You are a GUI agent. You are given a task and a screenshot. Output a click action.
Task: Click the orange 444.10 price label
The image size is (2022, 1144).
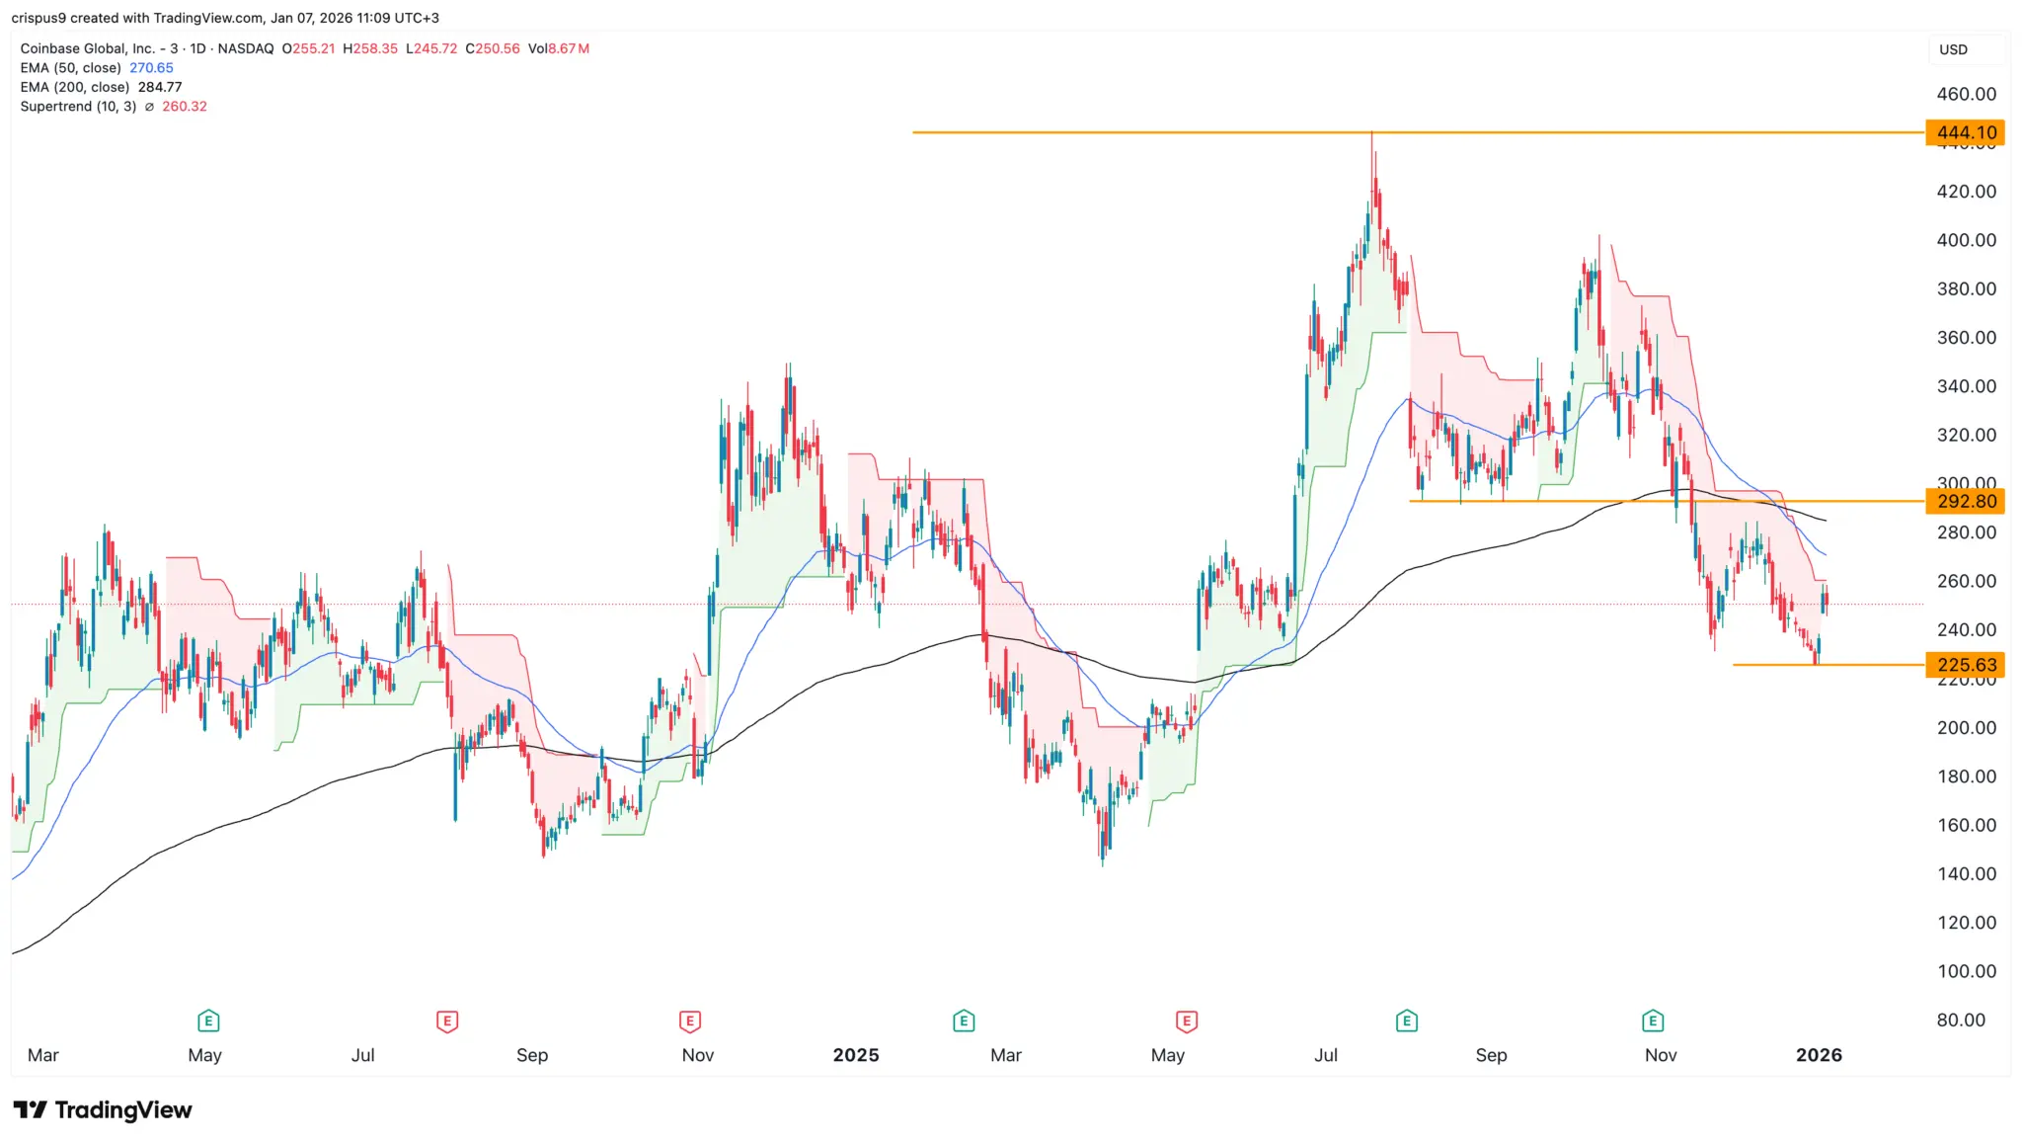pos(1965,132)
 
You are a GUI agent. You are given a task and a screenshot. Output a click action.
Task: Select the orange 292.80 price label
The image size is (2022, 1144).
pos(1965,502)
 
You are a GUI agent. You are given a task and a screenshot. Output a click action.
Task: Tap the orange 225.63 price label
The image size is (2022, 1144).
pos(1965,665)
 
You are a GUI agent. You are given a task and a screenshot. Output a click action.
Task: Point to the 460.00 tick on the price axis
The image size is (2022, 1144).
pos(1966,94)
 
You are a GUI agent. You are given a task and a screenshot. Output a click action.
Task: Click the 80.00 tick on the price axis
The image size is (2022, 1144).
pos(1960,1020)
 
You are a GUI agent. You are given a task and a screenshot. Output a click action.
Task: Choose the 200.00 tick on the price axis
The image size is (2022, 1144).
pos(1966,727)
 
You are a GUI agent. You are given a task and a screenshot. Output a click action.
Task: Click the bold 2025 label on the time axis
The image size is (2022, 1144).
pos(855,1055)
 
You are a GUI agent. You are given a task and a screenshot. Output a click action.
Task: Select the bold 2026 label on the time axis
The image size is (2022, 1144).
pos(1819,1055)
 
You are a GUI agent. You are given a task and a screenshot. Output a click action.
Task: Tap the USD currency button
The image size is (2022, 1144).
pos(1953,49)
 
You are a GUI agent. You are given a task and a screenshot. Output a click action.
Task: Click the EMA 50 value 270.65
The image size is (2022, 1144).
pos(151,68)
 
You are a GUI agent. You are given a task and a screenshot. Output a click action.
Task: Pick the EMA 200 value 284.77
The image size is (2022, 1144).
pos(160,87)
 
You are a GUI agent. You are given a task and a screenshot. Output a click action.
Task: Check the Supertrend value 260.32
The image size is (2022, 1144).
pos(185,107)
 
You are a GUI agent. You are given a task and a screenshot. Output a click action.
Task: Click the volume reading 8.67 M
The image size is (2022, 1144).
pos(569,48)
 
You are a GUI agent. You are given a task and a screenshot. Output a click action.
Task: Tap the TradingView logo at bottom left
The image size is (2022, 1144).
pos(103,1110)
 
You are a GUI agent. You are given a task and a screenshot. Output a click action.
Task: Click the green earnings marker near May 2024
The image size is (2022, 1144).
pos(207,1021)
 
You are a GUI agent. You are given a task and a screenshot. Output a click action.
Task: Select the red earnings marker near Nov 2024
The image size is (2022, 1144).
pos(689,1021)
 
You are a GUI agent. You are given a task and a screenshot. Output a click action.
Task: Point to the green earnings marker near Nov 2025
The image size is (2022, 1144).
pos(1653,1021)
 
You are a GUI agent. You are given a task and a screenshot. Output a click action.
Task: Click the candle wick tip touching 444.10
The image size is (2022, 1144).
pos(1371,134)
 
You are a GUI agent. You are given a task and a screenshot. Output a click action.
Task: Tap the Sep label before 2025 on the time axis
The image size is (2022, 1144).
pos(531,1055)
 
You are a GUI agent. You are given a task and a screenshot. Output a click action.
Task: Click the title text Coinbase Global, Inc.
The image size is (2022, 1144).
pos(87,48)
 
